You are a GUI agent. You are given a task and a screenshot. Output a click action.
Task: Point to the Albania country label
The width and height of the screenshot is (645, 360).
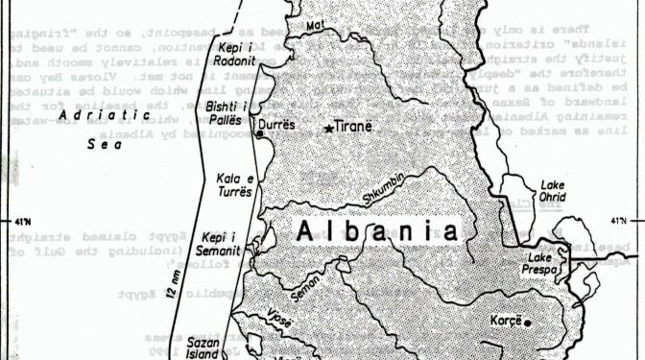point(374,231)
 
